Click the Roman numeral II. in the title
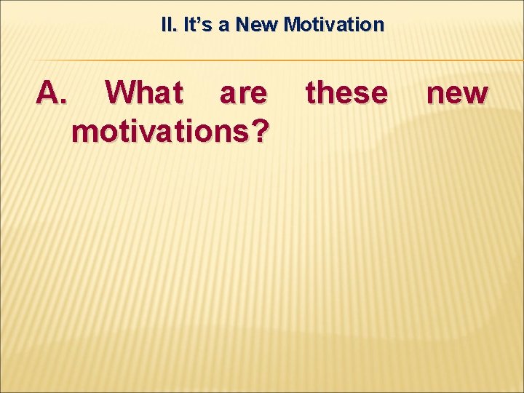tap(168, 25)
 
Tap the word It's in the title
tap(198, 25)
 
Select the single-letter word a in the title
tap(223, 25)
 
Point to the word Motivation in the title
tap(334, 25)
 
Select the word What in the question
tap(144, 93)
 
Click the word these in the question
tap(346, 93)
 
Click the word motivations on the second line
tap(161, 131)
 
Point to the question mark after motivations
tap(261, 131)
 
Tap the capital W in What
tap(121, 93)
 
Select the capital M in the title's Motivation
tap(292, 25)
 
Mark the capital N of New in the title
tap(243, 25)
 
